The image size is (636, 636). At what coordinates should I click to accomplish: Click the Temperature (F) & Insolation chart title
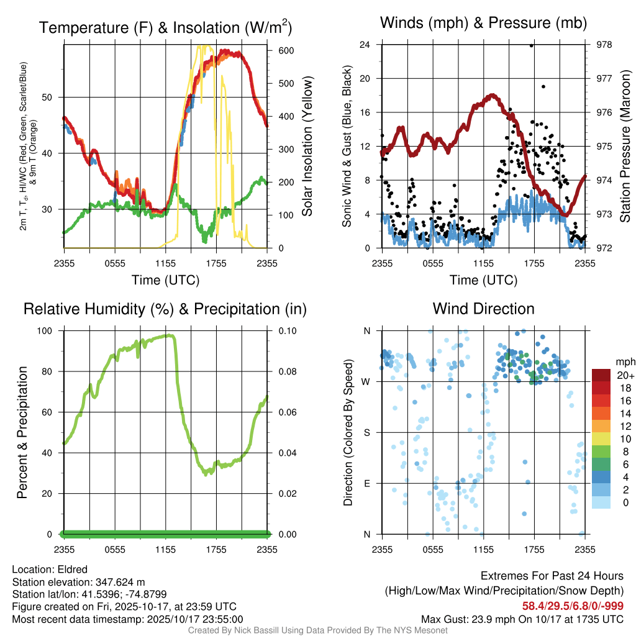[x=165, y=27]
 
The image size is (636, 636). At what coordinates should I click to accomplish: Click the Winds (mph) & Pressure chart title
[x=483, y=23]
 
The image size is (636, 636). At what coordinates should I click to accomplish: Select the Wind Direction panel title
[x=483, y=309]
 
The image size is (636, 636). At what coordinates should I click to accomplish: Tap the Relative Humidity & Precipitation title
[x=165, y=309]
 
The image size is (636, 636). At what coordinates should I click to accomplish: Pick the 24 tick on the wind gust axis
[x=365, y=45]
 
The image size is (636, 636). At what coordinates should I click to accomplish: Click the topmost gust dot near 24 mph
[x=532, y=45]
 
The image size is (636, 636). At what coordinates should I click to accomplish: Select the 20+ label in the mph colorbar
[x=624, y=375]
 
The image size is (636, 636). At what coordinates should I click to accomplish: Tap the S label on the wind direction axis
[x=366, y=432]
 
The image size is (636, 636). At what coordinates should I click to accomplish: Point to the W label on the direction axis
[x=366, y=381]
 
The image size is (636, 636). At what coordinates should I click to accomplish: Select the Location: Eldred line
[x=50, y=570]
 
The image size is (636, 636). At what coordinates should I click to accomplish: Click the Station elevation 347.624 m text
[x=78, y=582]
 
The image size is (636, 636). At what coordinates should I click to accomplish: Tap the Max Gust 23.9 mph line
[x=522, y=619]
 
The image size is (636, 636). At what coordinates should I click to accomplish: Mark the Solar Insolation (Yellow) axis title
[x=307, y=147]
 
